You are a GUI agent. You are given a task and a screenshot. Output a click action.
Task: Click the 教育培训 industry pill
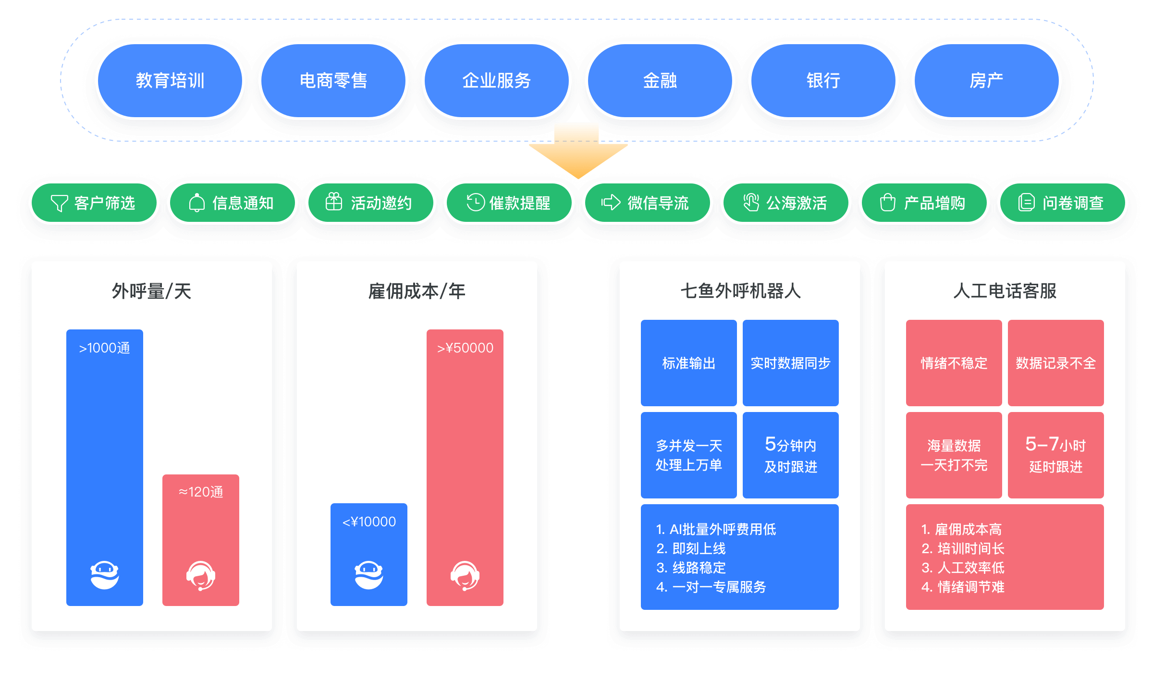pyautogui.click(x=170, y=80)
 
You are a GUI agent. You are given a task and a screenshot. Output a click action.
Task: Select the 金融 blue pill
pyautogui.click(x=660, y=80)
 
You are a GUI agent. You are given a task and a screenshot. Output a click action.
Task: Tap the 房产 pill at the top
pyautogui.click(x=986, y=80)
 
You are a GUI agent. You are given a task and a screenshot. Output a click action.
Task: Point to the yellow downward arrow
pyautogui.click(x=578, y=151)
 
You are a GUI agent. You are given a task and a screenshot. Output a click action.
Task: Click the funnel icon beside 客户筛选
pyautogui.click(x=60, y=203)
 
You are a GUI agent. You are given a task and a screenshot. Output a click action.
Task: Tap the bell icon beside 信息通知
pyautogui.click(x=197, y=203)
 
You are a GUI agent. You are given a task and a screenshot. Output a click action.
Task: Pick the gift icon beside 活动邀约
pyautogui.click(x=334, y=202)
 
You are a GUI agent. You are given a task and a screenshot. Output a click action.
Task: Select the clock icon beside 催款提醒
pyautogui.click(x=476, y=202)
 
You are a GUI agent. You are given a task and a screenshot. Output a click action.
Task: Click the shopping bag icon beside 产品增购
pyautogui.click(x=887, y=203)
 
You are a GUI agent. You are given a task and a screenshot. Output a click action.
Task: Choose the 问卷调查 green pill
pyautogui.click(x=1063, y=203)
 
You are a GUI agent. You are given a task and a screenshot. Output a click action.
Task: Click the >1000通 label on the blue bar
pyautogui.click(x=105, y=348)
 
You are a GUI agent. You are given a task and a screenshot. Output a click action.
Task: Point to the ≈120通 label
pyautogui.click(x=201, y=492)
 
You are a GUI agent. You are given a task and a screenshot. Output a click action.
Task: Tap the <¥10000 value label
pyautogui.click(x=369, y=521)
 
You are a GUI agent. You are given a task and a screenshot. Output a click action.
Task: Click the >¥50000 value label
pyautogui.click(x=465, y=348)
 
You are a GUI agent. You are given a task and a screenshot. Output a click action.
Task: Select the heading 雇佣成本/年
pyautogui.click(x=417, y=291)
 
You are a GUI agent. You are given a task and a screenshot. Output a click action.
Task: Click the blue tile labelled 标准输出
pyautogui.click(x=688, y=363)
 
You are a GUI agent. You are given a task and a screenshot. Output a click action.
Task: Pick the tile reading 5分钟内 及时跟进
pyautogui.click(x=790, y=455)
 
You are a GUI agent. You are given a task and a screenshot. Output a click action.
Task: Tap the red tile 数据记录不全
pyautogui.click(x=1055, y=363)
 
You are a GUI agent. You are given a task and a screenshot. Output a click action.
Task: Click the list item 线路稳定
pyautogui.click(x=699, y=568)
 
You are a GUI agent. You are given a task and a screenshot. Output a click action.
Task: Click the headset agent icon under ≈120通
pyautogui.click(x=201, y=575)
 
